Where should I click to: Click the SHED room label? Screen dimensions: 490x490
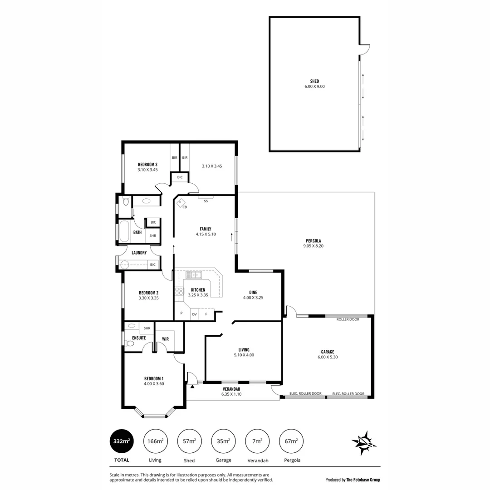[x=314, y=81]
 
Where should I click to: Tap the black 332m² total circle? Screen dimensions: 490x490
[x=121, y=441]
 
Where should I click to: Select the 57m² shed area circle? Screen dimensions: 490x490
[x=189, y=441]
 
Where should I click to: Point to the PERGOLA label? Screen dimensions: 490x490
[x=313, y=240]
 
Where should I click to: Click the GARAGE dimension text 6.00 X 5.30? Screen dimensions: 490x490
[x=328, y=357]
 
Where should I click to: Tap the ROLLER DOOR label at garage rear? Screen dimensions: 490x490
[x=348, y=319]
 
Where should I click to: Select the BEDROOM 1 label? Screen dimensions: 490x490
[x=154, y=378]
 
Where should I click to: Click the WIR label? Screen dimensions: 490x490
[x=165, y=338]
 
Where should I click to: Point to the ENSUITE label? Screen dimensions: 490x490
[x=139, y=338]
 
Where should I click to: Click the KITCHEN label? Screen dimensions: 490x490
[x=198, y=290]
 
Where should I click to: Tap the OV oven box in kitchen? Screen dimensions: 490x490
[x=194, y=314]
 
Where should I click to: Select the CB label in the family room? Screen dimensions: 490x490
[x=185, y=207]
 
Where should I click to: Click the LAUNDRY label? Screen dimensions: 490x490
[x=139, y=253]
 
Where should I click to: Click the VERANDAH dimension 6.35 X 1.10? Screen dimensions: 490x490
[x=231, y=394]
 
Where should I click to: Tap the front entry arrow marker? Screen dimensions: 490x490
[x=192, y=387]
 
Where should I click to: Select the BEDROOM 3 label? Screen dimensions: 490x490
[x=147, y=164]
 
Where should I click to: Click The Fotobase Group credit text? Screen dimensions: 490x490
[x=363, y=480]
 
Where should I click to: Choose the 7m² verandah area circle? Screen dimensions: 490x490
[x=257, y=441]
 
